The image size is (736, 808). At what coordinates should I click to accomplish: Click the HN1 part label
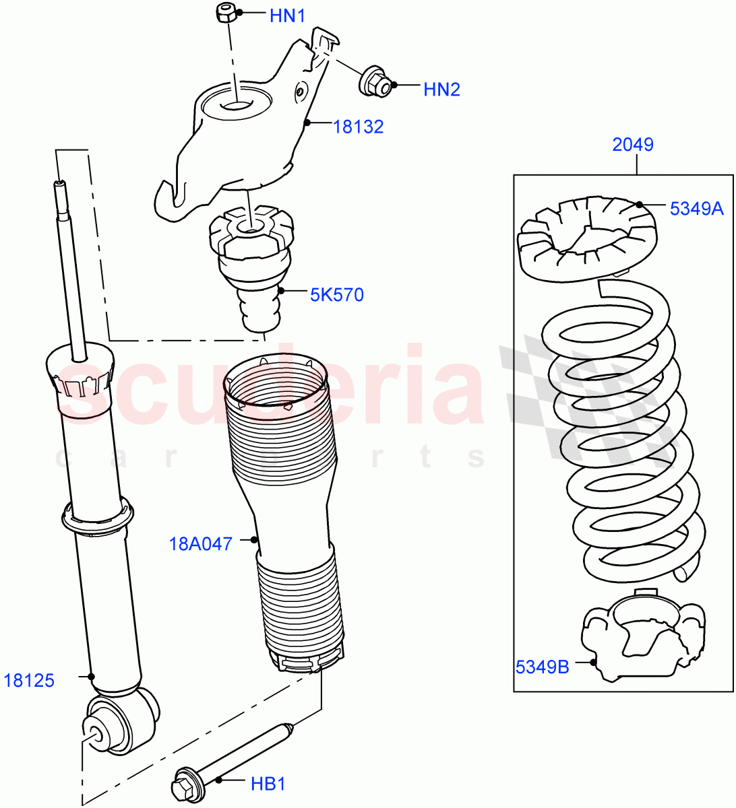coord(287,16)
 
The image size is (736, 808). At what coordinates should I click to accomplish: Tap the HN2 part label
coord(441,89)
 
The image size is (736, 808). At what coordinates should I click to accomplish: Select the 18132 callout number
coord(358,127)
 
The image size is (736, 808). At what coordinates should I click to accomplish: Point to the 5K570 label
coord(336,294)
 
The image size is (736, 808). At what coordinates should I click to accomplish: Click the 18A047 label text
coord(200,543)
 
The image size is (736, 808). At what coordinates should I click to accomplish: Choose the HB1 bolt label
coord(268,784)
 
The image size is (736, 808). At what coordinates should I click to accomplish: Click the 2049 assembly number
coord(632,144)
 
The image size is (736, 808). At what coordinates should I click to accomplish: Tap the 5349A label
coord(696,209)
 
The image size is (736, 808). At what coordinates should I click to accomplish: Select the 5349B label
coord(543,667)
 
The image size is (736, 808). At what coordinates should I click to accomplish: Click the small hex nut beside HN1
coord(226,13)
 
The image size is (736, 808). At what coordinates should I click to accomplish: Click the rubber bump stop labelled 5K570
coord(251,269)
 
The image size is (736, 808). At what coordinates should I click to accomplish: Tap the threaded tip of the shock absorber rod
coord(60,184)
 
